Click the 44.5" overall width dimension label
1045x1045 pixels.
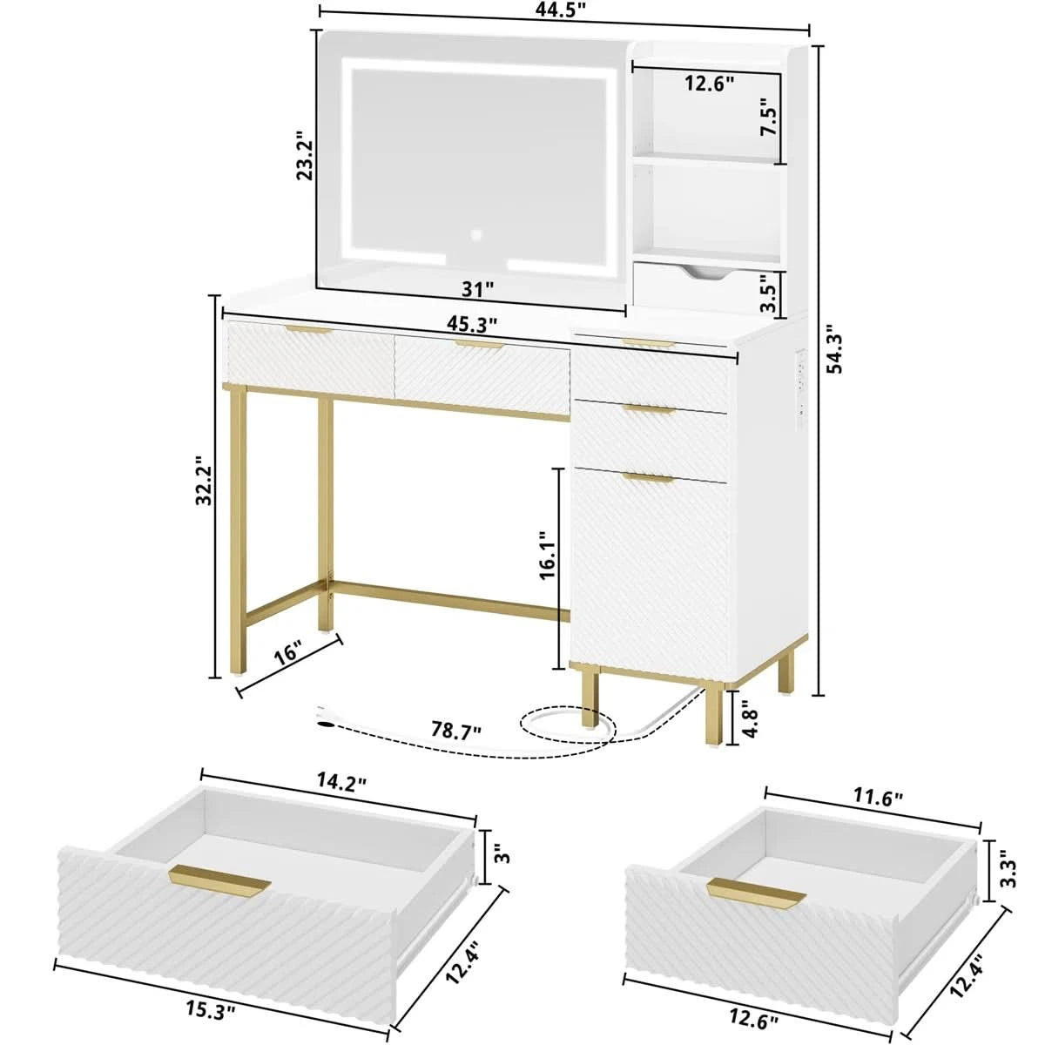point(564,10)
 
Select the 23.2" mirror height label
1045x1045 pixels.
point(306,154)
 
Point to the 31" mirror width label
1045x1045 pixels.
point(477,290)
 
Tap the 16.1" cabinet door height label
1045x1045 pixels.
point(547,555)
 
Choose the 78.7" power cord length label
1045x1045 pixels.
point(456,730)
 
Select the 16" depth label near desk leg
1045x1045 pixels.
point(287,653)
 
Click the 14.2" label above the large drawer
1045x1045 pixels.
point(341,784)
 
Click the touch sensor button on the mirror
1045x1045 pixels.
point(476,235)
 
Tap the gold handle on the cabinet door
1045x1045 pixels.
point(648,477)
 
